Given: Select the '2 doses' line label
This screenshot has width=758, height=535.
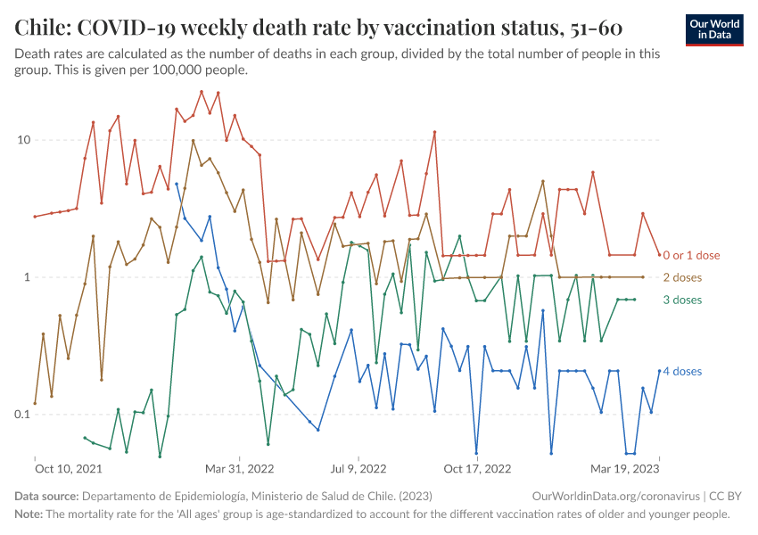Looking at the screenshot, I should tap(682, 277).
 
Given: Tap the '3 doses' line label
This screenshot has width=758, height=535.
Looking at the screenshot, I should tap(682, 300).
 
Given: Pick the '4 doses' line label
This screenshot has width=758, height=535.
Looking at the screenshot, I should tap(682, 371).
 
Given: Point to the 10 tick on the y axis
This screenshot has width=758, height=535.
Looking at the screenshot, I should tap(24, 140).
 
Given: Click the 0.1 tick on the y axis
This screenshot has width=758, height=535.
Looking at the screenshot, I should tap(21, 415).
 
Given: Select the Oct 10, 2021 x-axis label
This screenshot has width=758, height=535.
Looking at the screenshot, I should tap(68, 467).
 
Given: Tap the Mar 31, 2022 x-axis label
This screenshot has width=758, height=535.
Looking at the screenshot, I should tap(239, 467).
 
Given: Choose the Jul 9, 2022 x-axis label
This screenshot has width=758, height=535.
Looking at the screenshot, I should tap(358, 467).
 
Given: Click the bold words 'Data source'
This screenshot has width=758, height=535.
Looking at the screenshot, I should tap(46, 497).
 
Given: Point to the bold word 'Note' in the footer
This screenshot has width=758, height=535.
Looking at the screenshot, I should tap(29, 514).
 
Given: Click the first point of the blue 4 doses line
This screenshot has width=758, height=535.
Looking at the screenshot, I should tap(177, 184).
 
